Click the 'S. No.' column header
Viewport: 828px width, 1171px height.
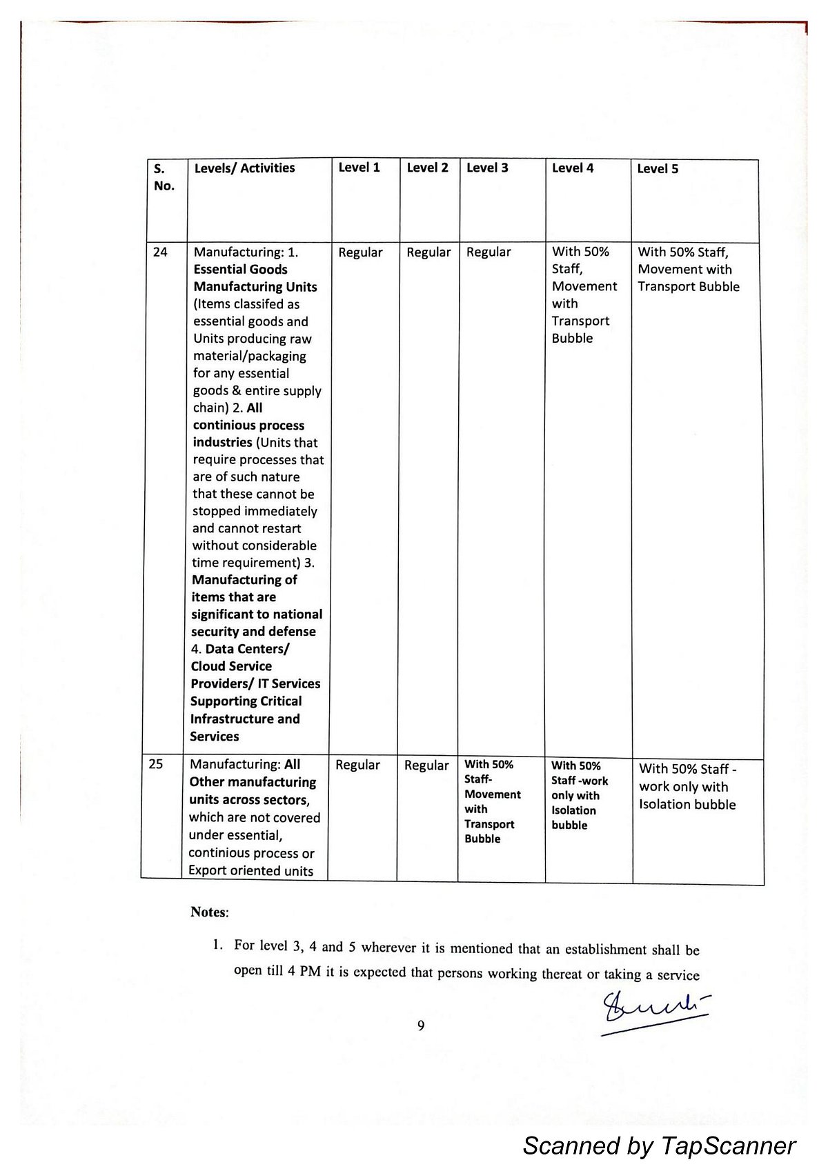tap(164, 177)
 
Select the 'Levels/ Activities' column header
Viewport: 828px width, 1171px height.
tap(244, 168)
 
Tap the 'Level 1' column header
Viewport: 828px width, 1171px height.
tap(359, 168)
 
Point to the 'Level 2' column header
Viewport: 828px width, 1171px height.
tap(427, 168)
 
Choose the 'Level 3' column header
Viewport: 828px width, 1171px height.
tap(487, 168)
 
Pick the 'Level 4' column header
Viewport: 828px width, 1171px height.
tap(573, 168)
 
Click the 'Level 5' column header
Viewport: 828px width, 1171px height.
tap(658, 169)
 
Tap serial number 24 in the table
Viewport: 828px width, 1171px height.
tap(160, 252)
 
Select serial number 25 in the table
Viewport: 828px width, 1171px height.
tap(156, 764)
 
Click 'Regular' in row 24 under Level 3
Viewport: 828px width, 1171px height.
tap(489, 252)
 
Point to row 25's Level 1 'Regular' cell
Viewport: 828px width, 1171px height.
tap(357, 765)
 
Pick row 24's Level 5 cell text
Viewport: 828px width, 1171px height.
tap(688, 269)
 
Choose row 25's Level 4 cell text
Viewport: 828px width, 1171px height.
tap(579, 795)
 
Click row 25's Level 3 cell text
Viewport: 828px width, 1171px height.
tap(492, 801)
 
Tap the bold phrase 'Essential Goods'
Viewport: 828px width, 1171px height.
tap(240, 270)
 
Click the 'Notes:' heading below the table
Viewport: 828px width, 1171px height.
tap(209, 912)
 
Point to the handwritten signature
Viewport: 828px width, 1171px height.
tap(654, 1013)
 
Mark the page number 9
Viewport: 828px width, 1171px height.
tap(421, 1025)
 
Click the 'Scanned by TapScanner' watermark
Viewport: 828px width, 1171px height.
tap(659, 1145)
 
